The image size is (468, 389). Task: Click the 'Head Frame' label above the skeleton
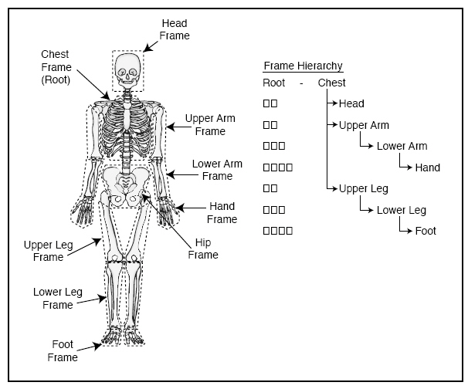click(175, 29)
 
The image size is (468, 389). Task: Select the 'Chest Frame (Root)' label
click(55, 66)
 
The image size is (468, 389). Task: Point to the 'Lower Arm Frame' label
click(217, 170)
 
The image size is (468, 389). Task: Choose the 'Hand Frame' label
click(222, 213)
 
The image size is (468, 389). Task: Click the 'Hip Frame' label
click(203, 249)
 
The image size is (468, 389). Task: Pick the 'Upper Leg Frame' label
click(48, 251)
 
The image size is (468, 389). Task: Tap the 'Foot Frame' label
click(63, 351)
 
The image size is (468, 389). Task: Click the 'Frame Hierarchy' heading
click(303, 66)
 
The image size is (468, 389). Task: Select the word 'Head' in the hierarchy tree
click(351, 103)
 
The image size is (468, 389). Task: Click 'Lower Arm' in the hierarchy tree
click(402, 146)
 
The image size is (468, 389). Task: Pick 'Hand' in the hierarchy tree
click(427, 167)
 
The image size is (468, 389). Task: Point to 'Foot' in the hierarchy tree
click(426, 231)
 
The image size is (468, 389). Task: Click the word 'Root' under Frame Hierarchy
click(274, 83)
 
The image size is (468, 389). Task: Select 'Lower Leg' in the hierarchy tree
click(402, 210)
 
